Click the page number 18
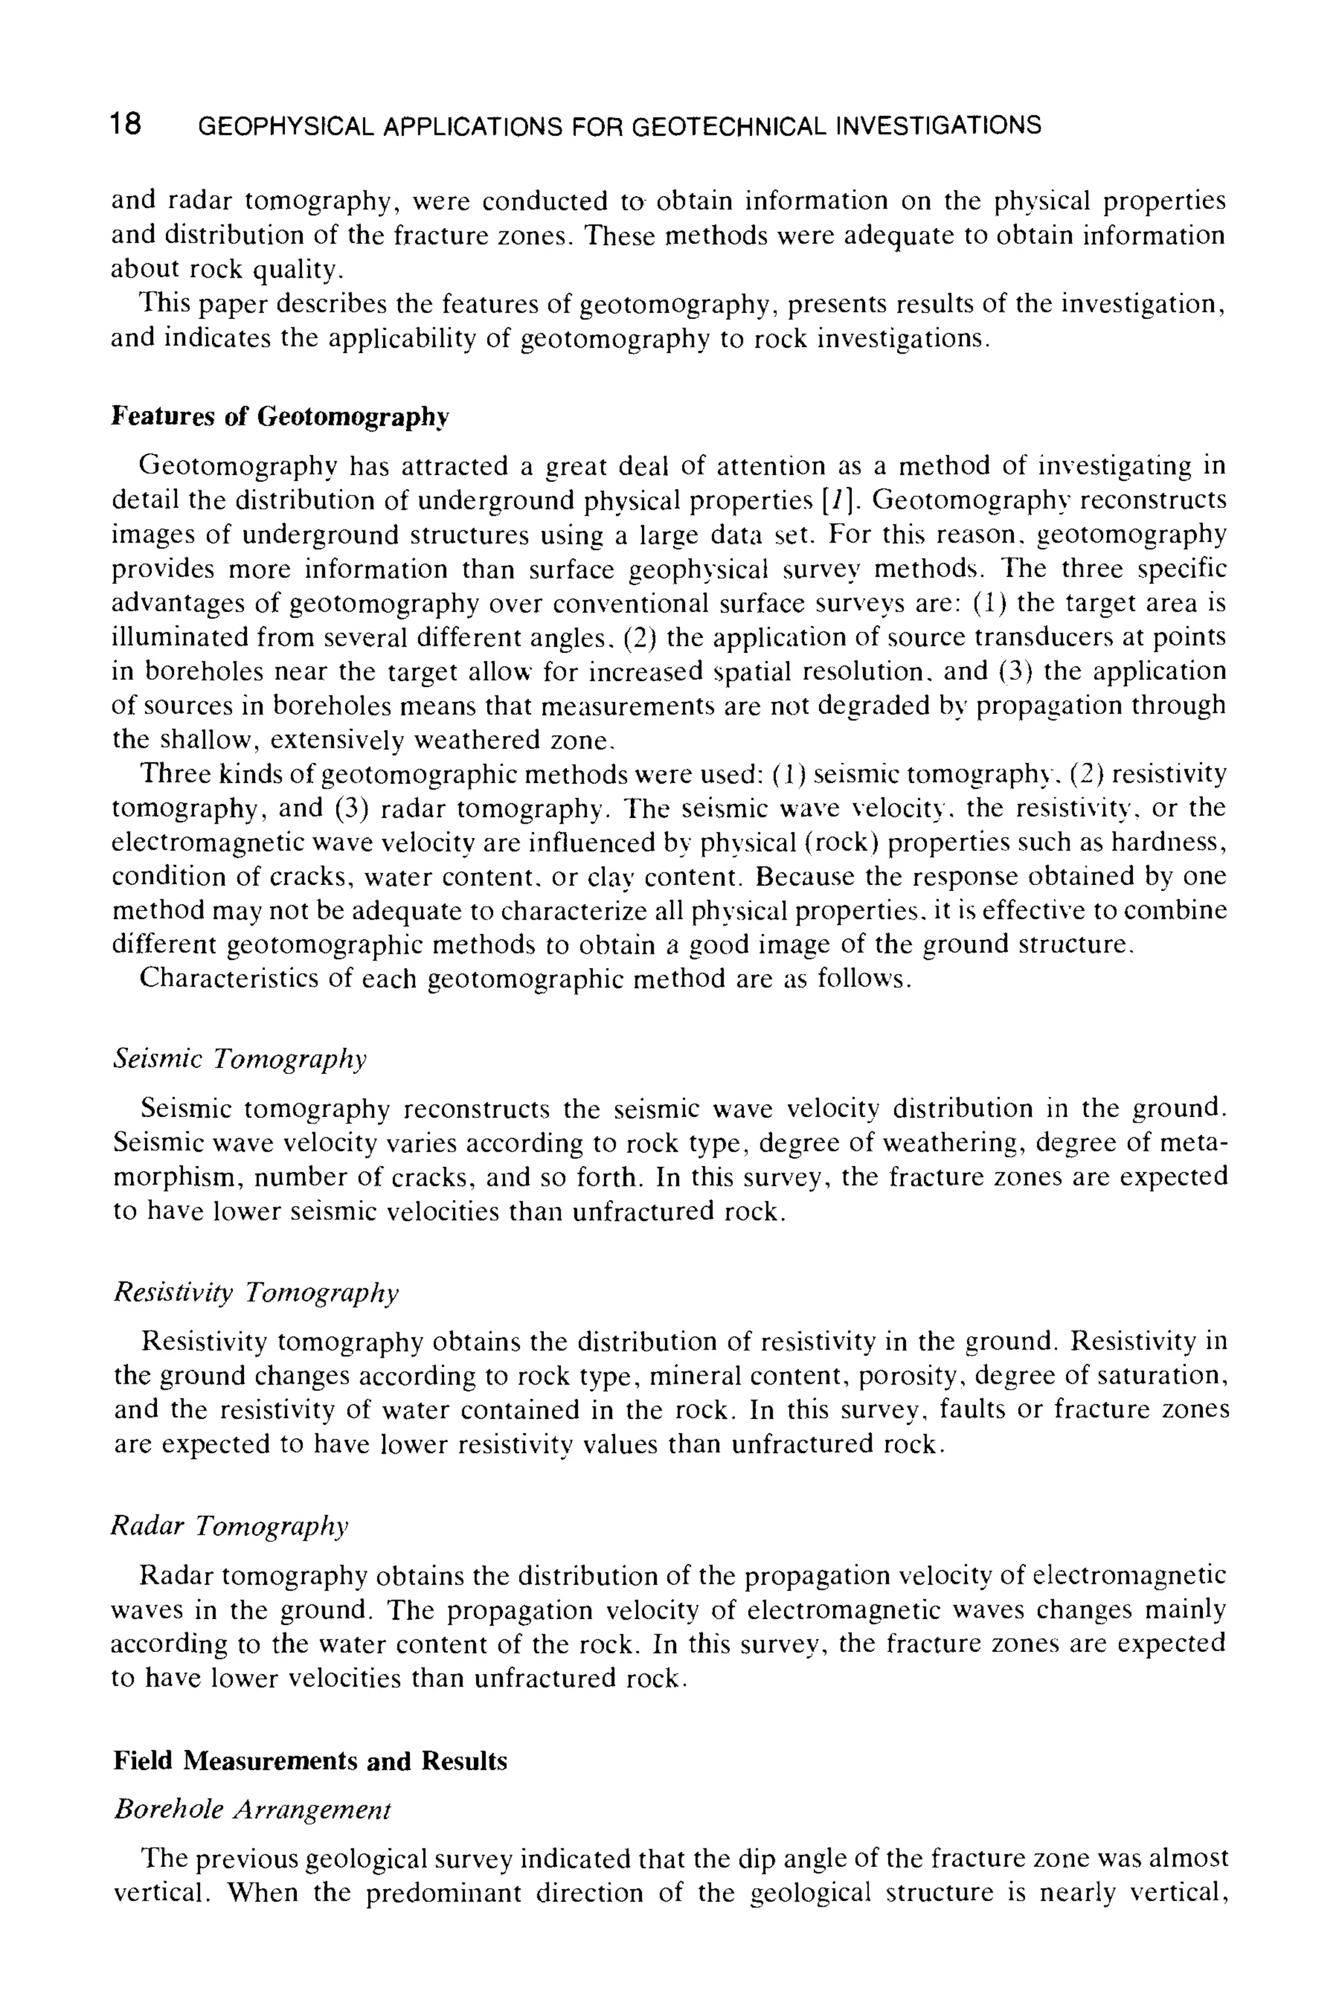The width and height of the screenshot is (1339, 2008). click(126, 125)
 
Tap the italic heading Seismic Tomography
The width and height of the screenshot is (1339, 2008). click(240, 1059)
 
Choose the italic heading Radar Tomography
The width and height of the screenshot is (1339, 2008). click(229, 1526)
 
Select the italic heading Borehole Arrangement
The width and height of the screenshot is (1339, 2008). click(252, 1810)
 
